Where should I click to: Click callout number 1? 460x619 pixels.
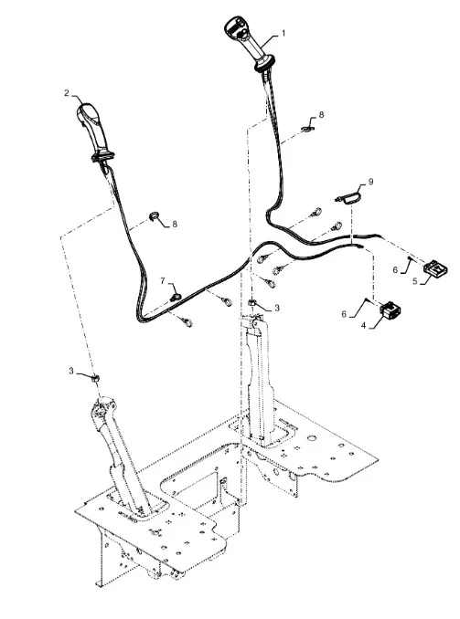283,34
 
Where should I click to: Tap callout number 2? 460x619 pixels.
67,93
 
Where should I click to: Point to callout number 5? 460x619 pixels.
415,281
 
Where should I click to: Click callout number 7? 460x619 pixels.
163,280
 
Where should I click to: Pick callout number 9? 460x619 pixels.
370,182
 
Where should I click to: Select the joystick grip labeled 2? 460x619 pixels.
95,132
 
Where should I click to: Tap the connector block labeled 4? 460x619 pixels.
390,309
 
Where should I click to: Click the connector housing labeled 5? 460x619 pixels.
436,268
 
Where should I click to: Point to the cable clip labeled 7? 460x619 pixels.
175,296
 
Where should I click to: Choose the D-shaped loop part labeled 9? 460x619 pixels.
349,196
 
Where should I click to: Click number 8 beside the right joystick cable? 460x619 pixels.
321,114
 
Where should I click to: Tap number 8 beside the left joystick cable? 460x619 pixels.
175,224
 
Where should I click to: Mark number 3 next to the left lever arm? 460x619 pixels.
71,371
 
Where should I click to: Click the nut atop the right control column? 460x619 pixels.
252,303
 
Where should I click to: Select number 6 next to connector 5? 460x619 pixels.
395,269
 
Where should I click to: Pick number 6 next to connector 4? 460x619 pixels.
344,314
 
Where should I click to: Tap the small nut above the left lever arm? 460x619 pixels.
95,378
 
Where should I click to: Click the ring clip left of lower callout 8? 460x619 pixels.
154,215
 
